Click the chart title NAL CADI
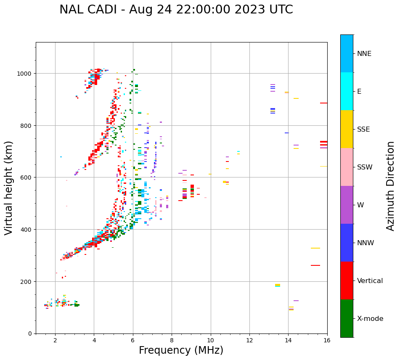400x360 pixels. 176,10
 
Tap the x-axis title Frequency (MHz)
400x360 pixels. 181,350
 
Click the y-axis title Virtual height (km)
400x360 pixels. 9,188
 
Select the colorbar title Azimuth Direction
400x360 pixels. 391,186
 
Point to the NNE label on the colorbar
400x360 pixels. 364,53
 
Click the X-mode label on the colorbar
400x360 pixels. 370,319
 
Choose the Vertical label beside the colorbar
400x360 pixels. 370,281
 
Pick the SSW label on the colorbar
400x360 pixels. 365,167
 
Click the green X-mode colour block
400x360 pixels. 347,318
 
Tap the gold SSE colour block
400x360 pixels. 347,129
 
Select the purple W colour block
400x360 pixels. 347,205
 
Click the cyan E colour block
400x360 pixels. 347,91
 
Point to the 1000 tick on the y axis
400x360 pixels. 25,74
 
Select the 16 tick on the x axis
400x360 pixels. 327,341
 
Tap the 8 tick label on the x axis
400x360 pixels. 172,341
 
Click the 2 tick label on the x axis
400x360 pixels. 55,341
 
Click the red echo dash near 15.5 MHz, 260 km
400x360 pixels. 315,265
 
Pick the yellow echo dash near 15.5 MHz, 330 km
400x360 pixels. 315,248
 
